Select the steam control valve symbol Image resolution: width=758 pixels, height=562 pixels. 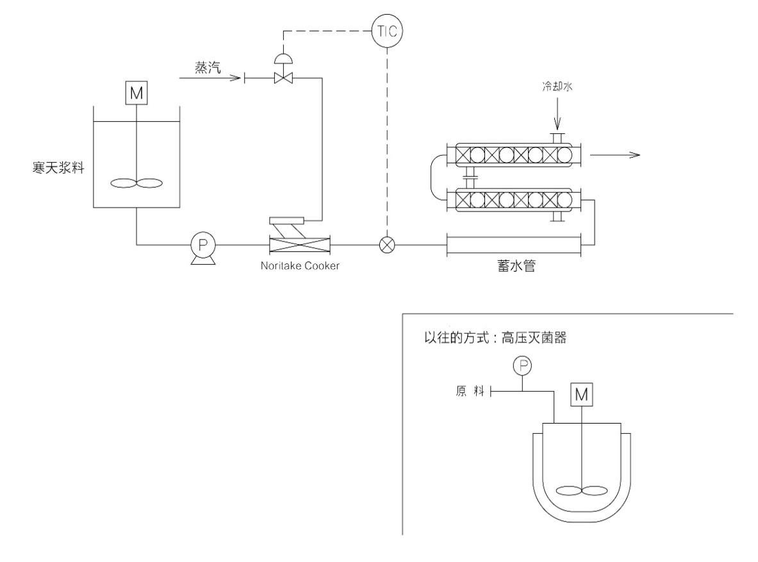point(281,78)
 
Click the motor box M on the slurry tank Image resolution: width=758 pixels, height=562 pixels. point(136,94)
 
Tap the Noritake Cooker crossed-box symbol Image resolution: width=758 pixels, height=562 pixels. point(299,244)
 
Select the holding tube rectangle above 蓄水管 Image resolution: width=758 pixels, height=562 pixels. point(513,244)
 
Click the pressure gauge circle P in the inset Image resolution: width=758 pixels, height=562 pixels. point(523,366)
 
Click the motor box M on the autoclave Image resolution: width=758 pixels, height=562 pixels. point(581,395)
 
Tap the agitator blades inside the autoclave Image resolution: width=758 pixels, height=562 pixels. point(581,492)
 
